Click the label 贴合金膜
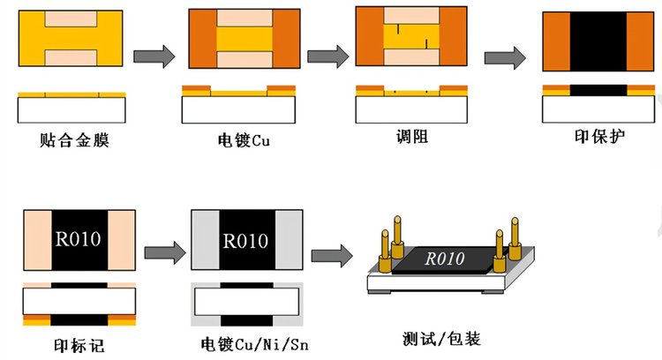tap(71, 140)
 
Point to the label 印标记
tap(79, 345)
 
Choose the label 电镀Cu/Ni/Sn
tap(248, 344)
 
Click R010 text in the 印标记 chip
tap(79, 240)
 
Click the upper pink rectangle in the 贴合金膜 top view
tap(71, 18)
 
